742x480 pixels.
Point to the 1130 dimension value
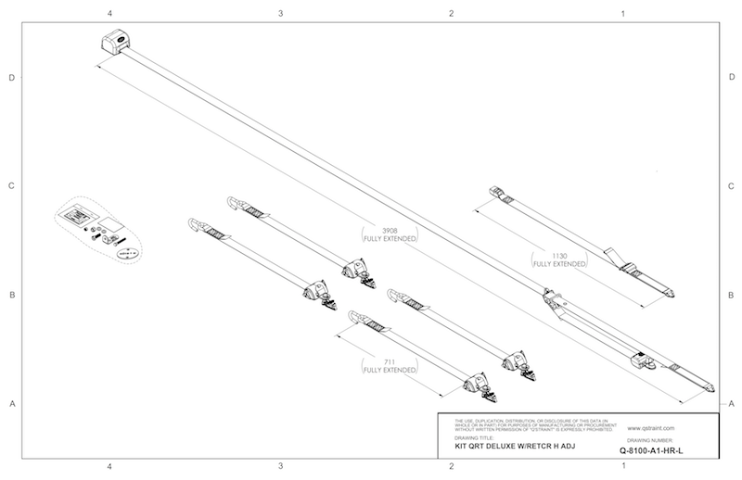tap(559, 255)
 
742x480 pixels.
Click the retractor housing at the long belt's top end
tap(119, 43)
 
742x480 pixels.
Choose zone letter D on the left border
tap(12, 78)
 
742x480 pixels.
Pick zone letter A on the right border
tap(732, 404)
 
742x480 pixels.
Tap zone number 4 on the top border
tap(110, 14)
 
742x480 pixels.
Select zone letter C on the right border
tap(732, 186)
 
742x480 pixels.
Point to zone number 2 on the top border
tap(451, 14)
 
